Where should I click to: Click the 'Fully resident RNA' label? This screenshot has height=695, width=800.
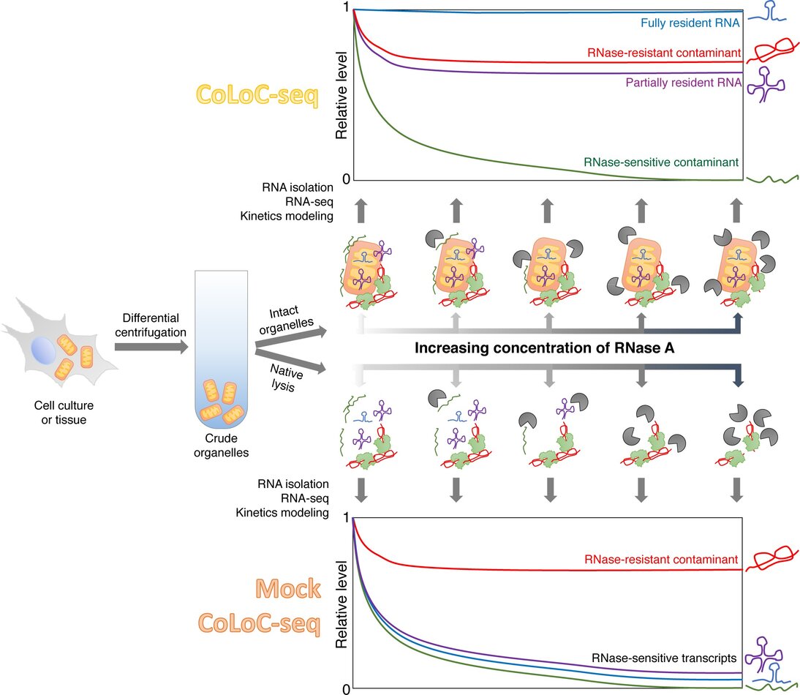tap(688, 23)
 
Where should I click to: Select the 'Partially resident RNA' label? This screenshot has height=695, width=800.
tap(684, 83)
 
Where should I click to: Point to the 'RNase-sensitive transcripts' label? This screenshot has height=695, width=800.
tap(663, 639)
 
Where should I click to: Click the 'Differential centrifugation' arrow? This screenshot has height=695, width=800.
tap(146, 349)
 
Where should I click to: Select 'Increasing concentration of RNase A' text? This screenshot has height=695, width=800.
tap(544, 348)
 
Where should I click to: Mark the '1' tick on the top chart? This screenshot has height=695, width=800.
tap(345, 9)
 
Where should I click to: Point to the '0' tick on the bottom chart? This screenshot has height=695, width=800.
tap(345, 688)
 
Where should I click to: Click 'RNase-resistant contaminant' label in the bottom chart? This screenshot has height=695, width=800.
tap(664, 560)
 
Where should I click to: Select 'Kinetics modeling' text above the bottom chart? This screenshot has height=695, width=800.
tap(282, 512)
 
